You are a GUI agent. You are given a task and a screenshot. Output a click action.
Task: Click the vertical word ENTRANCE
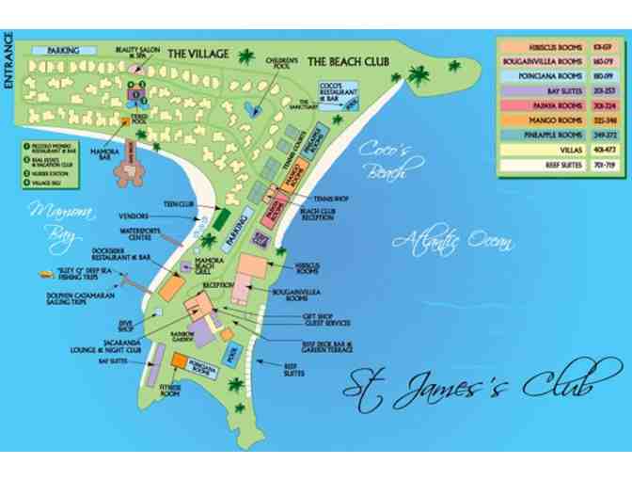[x=8, y=60]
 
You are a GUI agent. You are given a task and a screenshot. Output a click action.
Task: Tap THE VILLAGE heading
[x=198, y=55]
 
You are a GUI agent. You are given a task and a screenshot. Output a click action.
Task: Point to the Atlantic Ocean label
[x=453, y=241]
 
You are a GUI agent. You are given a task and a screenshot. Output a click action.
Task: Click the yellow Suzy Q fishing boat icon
[x=43, y=274]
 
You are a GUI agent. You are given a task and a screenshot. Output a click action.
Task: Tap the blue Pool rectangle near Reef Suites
[x=233, y=354]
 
